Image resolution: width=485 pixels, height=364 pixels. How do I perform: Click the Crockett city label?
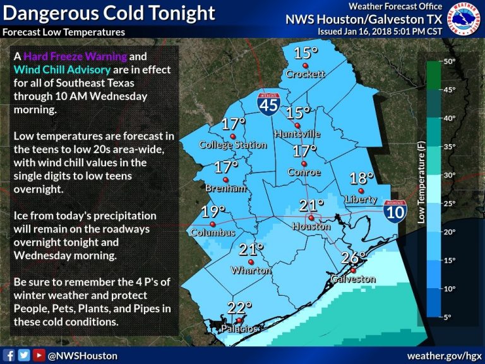click(x=305, y=74)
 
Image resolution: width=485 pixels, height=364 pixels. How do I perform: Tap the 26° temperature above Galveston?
click(x=354, y=258)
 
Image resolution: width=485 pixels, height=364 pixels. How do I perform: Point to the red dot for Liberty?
click(x=362, y=191)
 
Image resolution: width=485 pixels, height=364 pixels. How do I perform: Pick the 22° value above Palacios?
click(x=240, y=308)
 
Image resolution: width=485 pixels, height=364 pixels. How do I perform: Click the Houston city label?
click(x=311, y=226)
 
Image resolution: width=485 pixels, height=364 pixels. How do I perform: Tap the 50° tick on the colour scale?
click(x=448, y=62)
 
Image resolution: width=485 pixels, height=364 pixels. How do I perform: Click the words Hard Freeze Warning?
click(x=64, y=56)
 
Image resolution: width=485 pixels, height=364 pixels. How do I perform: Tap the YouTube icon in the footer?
click(x=39, y=355)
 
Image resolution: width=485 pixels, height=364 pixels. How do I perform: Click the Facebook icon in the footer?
click(x=9, y=355)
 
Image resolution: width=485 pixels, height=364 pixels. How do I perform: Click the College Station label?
click(x=233, y=145)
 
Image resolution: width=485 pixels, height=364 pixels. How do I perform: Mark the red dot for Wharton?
click(x=251, y=262)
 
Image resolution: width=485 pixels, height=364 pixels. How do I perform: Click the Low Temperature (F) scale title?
click(x=421, y=183)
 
